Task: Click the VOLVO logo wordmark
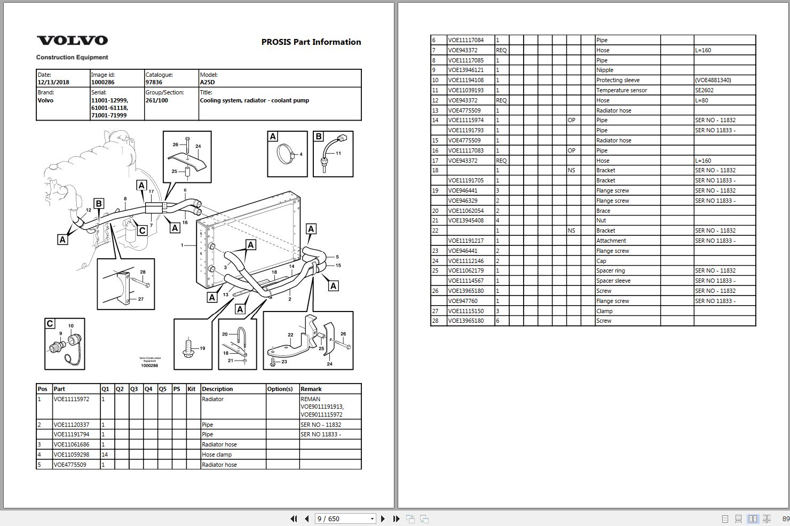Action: (x=72, y=41)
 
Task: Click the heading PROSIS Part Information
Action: (x=311, y=42)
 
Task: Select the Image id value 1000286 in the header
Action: (x=102, y=83)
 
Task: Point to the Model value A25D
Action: (x=207, y=83)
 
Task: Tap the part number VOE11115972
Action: (x=72, y=399)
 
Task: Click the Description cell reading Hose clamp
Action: (x=217, y=455)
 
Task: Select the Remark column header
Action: (x=311, y=389)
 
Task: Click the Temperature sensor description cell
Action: (x=621, y=90)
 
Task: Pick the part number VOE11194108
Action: (x=465, y=80)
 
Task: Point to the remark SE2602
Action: (x=704, y=90)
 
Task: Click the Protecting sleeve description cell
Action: (x=618, y=80)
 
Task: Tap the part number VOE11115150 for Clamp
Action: (x=465, y=311)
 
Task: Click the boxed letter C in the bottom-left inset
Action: (x=50, y=323)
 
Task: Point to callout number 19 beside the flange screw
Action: (x=202, y=348)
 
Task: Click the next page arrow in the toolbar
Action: (x=383, y=519)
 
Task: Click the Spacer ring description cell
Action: (x=610, y=270)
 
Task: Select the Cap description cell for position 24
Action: (x=601, y=261)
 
